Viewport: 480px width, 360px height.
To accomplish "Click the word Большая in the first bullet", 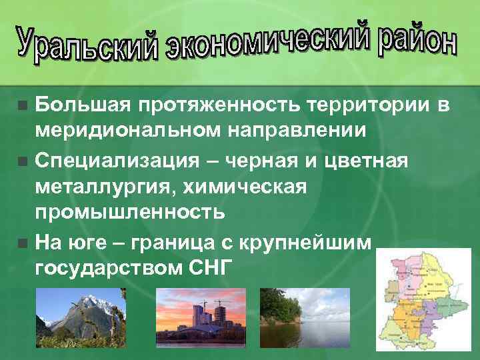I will tap(82, 105).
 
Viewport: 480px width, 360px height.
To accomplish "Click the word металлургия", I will tap(105, 188).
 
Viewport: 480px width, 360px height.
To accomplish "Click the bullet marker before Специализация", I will tap(23, 161).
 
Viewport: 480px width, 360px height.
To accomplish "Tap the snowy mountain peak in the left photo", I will tap(81, 303).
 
